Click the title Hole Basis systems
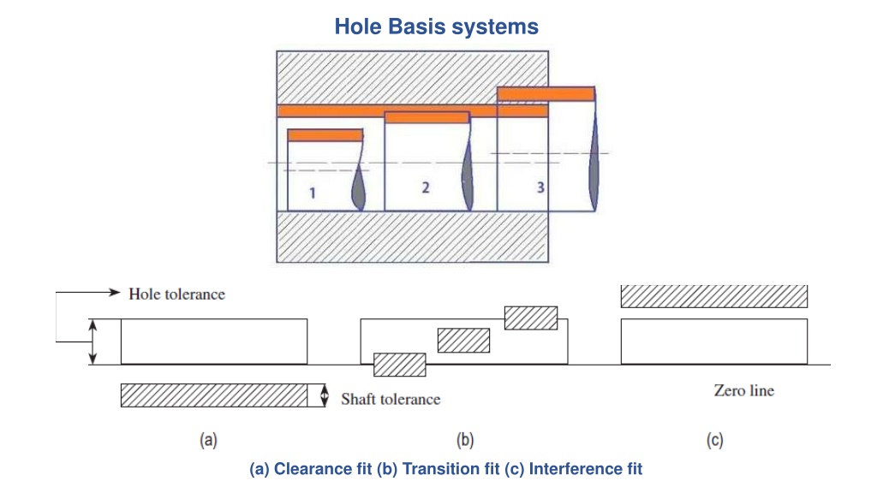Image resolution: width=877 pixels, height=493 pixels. click(436, 27)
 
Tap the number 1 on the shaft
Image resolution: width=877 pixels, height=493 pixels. click(312, 193)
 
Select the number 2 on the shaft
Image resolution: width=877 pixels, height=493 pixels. click(426, 187)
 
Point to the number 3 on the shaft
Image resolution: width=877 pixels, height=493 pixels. click(540, 187)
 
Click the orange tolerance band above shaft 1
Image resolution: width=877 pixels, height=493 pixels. click(325, 134)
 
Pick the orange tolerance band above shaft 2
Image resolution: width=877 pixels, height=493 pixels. click(427, 117)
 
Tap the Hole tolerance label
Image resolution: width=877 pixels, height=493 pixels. click(176, 294)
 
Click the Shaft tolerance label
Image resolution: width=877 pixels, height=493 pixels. click(391, 399)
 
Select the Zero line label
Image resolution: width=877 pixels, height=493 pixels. click(744, 390)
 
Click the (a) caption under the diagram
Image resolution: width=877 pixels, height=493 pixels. click(209, 441)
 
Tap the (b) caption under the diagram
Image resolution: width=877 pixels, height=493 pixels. click(465, 441)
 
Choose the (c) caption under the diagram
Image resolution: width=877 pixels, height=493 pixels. click(714, 441)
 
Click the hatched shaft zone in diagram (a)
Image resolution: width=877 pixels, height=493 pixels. click(214, 395)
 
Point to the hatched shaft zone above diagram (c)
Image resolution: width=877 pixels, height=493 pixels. click(714, 296)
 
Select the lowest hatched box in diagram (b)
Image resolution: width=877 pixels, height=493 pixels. click(399, 365)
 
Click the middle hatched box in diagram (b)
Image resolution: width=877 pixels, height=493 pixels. click(463, 341)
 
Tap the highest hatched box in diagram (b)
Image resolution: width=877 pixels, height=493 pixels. click(531, 318)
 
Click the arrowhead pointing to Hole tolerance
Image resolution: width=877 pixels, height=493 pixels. click(115, 292)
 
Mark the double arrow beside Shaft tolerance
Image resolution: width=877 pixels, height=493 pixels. click(325, 395)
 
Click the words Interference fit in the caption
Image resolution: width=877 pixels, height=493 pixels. click(586, 468)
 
